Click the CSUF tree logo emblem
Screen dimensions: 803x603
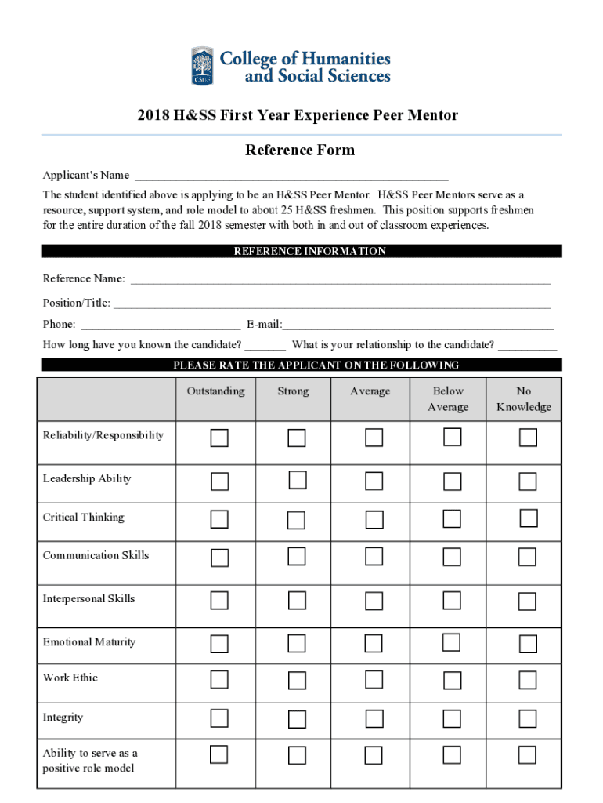tap(202, 66)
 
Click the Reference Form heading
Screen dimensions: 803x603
tap(300, 150)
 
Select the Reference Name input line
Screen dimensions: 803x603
tap(340, 280)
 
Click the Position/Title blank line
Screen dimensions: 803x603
tap(332, 304)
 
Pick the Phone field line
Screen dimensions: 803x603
tap(161, 325)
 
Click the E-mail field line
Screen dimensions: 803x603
tap(418, 325)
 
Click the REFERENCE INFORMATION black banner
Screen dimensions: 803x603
tap(301, 251)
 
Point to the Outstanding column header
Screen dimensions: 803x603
tap(215, 391)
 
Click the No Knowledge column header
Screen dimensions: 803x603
tap(523, 398)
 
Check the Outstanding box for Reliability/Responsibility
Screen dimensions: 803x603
tap(219, 438)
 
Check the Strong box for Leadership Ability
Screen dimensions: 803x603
tap(297, 479)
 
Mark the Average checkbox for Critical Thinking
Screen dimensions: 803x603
tap(374, 520)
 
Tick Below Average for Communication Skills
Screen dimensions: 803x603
tap(452, 557)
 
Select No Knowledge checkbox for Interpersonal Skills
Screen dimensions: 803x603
tap(527, 601)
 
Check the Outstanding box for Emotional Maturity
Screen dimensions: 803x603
tap(219, 644)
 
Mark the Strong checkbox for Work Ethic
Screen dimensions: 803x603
tap(297, 679)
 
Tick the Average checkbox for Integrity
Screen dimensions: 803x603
tap(374, 719)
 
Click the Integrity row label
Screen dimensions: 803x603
tap(63, 718)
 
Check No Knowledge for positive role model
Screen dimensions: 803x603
tap(527, 755)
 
